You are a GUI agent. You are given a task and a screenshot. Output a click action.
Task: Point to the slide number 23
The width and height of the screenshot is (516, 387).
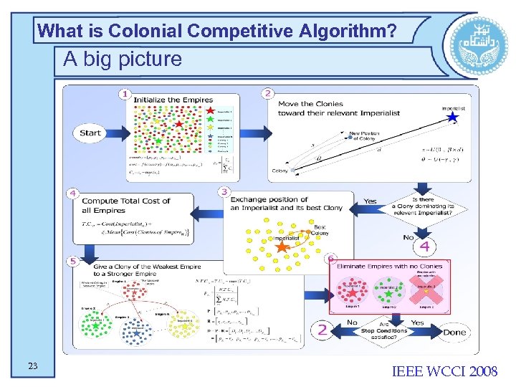click(x=33, y=366)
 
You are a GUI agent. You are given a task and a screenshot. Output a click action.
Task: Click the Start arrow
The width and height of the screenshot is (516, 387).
click(x=94, y=133)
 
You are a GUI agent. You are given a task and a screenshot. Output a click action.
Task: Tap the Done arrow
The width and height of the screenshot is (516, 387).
click(x=454, y=332)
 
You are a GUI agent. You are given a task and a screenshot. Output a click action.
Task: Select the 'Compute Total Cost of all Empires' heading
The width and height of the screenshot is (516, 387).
click(x=125, y=205)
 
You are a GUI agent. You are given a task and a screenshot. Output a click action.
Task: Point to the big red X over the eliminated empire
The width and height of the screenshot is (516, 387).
click(x=426, y=288)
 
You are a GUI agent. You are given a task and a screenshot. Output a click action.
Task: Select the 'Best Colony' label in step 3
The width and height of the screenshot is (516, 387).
click(x=321, y=230)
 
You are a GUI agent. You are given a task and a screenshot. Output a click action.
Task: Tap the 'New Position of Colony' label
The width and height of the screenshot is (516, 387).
click(x=364, y=135)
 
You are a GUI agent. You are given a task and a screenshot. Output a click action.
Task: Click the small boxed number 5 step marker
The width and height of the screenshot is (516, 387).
click(x=72, y=260)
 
